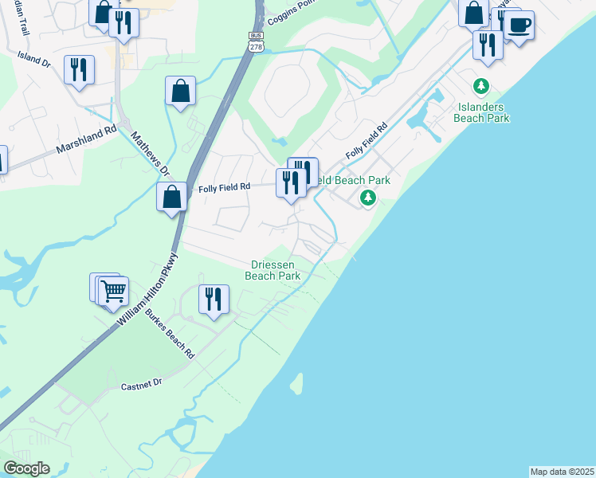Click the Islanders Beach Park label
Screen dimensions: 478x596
(481, 112)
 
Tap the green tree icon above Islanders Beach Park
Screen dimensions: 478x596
(480, 85)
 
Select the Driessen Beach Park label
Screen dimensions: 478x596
(275, 270)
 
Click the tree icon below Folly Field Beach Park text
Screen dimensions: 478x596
(367, 197)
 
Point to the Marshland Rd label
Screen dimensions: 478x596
(86, 139)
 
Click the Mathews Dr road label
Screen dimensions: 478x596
(151, 153)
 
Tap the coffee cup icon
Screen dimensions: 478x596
(519, 26)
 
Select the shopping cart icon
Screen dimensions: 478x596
(113, 292)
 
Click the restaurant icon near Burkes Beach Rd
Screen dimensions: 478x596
(213, 300)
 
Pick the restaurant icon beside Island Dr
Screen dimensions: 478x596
(80, 70)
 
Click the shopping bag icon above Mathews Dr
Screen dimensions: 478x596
(181, 91)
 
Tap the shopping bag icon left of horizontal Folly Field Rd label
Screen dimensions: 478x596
(171, 197)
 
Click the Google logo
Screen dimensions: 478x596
(26, 468)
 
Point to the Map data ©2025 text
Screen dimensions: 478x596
(562, 472)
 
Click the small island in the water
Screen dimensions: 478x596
(297, 385)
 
